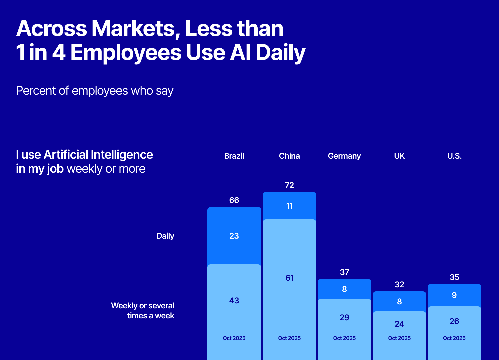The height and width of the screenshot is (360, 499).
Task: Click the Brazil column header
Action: [234, 156]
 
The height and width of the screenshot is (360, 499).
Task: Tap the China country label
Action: [289, 156]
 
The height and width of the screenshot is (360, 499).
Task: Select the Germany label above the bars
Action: [344, 156]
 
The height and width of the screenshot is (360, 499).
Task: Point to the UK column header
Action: [399, 156]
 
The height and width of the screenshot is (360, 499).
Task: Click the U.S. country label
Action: [454, 156]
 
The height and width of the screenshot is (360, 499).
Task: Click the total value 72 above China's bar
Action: [289, 185]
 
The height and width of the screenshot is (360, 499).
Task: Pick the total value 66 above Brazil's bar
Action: [234, 200]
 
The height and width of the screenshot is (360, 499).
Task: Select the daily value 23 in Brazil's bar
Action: [234, 236]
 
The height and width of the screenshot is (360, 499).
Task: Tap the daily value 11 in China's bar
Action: [289, 206]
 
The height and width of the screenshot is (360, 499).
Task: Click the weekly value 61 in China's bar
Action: [289, 278]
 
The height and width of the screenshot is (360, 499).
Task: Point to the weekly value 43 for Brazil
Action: [234, 301]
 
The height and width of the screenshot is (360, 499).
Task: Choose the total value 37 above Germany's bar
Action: [344, 272]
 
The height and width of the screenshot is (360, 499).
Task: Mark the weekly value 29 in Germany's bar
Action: [344, 318]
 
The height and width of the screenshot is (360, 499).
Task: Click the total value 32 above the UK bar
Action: [399, 285]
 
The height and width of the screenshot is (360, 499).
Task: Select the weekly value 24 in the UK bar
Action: [399, 324]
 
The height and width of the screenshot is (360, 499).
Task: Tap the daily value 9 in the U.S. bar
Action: [454, 295]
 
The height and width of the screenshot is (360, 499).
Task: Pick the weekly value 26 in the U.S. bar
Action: [454, 321]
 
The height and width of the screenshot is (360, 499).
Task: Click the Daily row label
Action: [165, 236]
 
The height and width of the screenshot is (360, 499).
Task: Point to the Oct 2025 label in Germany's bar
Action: [344, 338]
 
